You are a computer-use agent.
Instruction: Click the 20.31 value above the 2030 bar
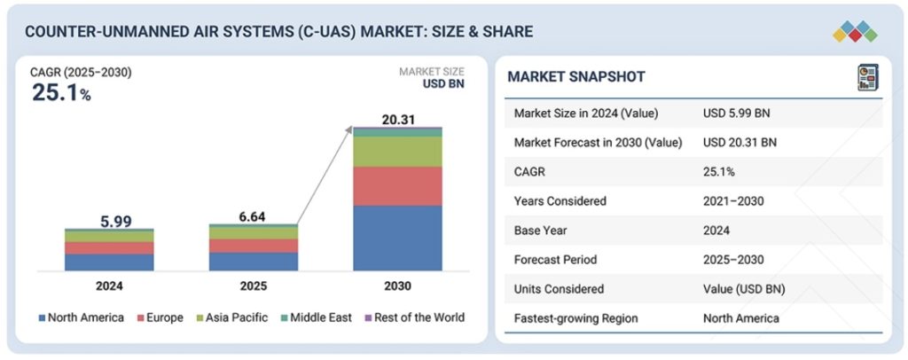tap(396, 120)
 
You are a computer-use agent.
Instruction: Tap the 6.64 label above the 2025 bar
tap(253, 215)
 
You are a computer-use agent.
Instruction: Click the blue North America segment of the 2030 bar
tap(397, 238)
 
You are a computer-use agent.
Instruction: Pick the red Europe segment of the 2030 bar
tap(397, 185)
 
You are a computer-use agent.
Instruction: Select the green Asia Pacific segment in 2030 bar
tap(397, 152)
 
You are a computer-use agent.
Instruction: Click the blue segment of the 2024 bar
tap(108, 262)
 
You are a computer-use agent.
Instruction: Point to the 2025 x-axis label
tap(253, 286)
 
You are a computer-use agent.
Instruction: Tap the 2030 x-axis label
tap(397, 286)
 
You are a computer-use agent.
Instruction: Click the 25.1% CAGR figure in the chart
tap(61, 92)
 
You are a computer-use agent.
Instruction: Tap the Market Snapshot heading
tap(576, 77)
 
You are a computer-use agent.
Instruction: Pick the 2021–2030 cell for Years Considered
tap(733, 200)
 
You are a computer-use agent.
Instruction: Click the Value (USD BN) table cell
tap(744, 288)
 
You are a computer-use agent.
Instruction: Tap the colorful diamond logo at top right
tap(854, 31)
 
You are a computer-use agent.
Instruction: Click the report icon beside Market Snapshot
tap(867, 77)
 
